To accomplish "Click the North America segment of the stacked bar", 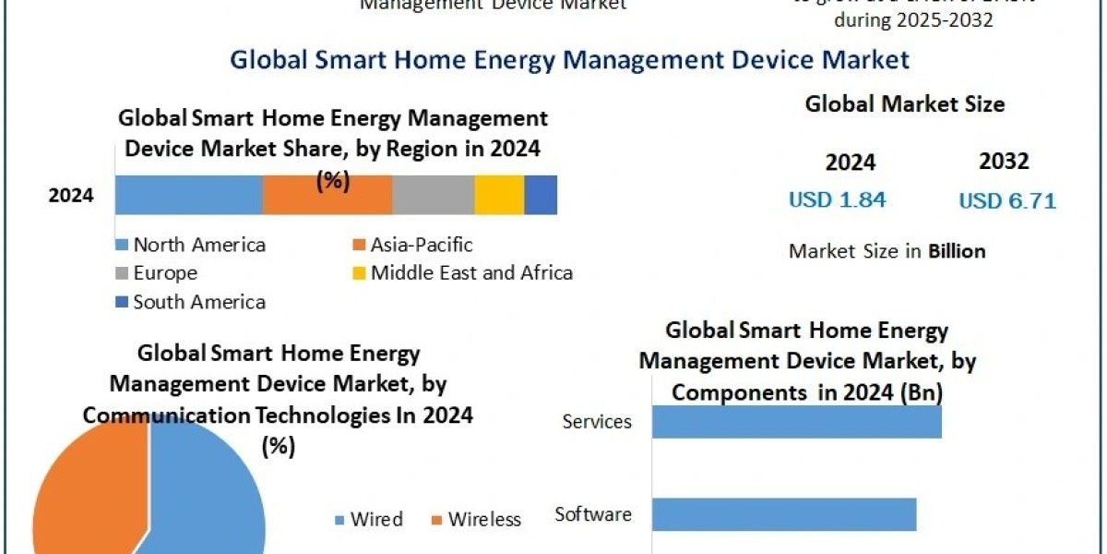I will (188, 195).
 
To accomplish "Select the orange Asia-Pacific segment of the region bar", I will (327, 195).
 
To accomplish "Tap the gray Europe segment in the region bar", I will (434, 195).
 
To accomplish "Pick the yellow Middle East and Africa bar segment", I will (499, 195).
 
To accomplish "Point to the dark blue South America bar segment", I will (541, 195).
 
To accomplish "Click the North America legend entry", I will (191, 245).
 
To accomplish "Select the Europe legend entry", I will (157, 273).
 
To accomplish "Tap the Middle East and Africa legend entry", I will (463, 273).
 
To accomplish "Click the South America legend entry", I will (191, 302).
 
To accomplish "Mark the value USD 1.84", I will (837, 199).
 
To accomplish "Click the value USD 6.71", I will (1007, 200).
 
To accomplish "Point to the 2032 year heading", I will (1004, 162).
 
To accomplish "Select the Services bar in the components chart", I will (796, 421).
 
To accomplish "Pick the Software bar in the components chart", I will (784, 514).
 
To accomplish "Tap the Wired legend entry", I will (368, 520).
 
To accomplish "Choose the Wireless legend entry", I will (476, 520).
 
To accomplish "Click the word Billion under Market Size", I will (957, 251).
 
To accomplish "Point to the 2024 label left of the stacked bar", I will (71, 196).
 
